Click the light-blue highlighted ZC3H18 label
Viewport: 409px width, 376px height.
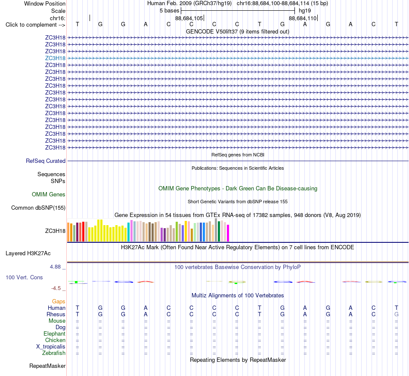[55, 58]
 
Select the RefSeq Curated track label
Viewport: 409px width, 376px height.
[46, 161]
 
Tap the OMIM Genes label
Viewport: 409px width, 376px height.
[49, 195]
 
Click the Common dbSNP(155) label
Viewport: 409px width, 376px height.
[38, 208]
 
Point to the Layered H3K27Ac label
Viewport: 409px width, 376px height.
[28, 254]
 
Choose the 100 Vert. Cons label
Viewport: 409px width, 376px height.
[24, 277]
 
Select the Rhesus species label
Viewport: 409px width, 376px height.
[56, 314]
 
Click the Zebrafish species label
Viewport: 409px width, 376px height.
[54, 353]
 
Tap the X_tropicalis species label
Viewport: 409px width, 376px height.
[51, 347]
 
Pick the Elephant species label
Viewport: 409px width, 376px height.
[55, 333]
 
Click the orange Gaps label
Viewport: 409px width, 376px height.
[59, 302]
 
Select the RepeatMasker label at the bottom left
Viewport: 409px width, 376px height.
[47, 366]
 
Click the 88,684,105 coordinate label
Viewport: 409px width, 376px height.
[189, 18]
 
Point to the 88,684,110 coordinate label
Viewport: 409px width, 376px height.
[303, 18]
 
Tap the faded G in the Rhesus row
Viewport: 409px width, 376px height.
[397, 314]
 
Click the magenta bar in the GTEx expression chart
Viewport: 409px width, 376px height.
[228, 233]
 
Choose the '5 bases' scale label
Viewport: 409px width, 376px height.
[170, 11]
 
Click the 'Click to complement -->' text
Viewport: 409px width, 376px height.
[35, 25]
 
